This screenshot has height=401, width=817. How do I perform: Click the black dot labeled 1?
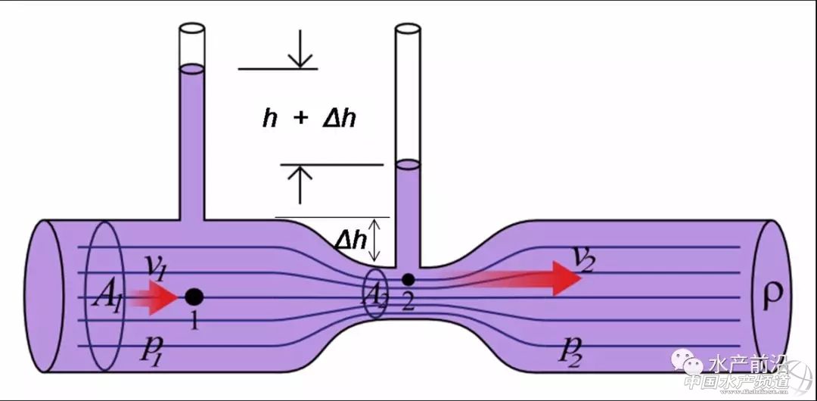click(x=194, y=297)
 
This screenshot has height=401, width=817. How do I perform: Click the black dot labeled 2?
click(x=408, y=280)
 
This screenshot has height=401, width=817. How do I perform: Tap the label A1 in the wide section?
click(x=104, y=290)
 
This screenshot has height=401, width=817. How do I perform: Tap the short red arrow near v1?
click(x=153, y=297)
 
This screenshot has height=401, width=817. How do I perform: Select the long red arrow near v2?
click(x=522, y=278)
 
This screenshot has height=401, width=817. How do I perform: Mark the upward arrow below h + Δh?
click(x=301, y=182)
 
